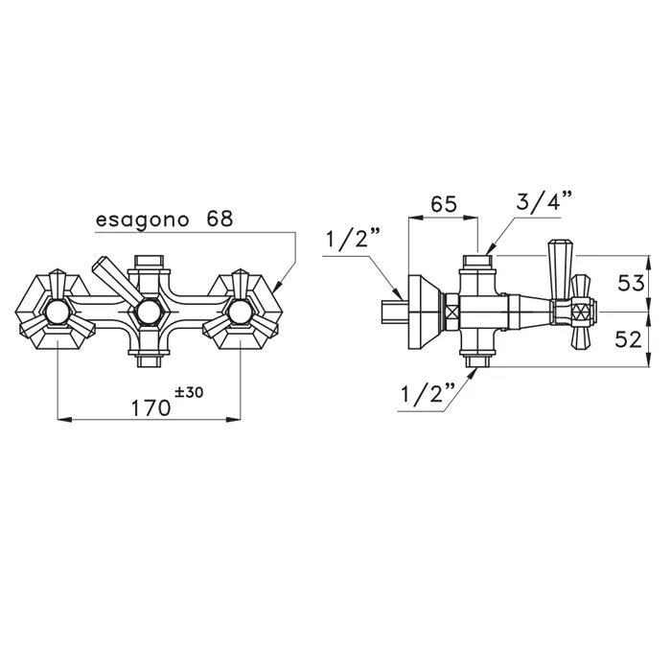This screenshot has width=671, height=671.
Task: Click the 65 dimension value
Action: coord(443,205)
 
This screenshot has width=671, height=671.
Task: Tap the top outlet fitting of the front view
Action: coord(148,260)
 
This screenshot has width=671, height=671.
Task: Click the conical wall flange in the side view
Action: coord(422,311)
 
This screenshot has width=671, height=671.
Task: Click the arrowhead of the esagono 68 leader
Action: coord(276,288)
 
